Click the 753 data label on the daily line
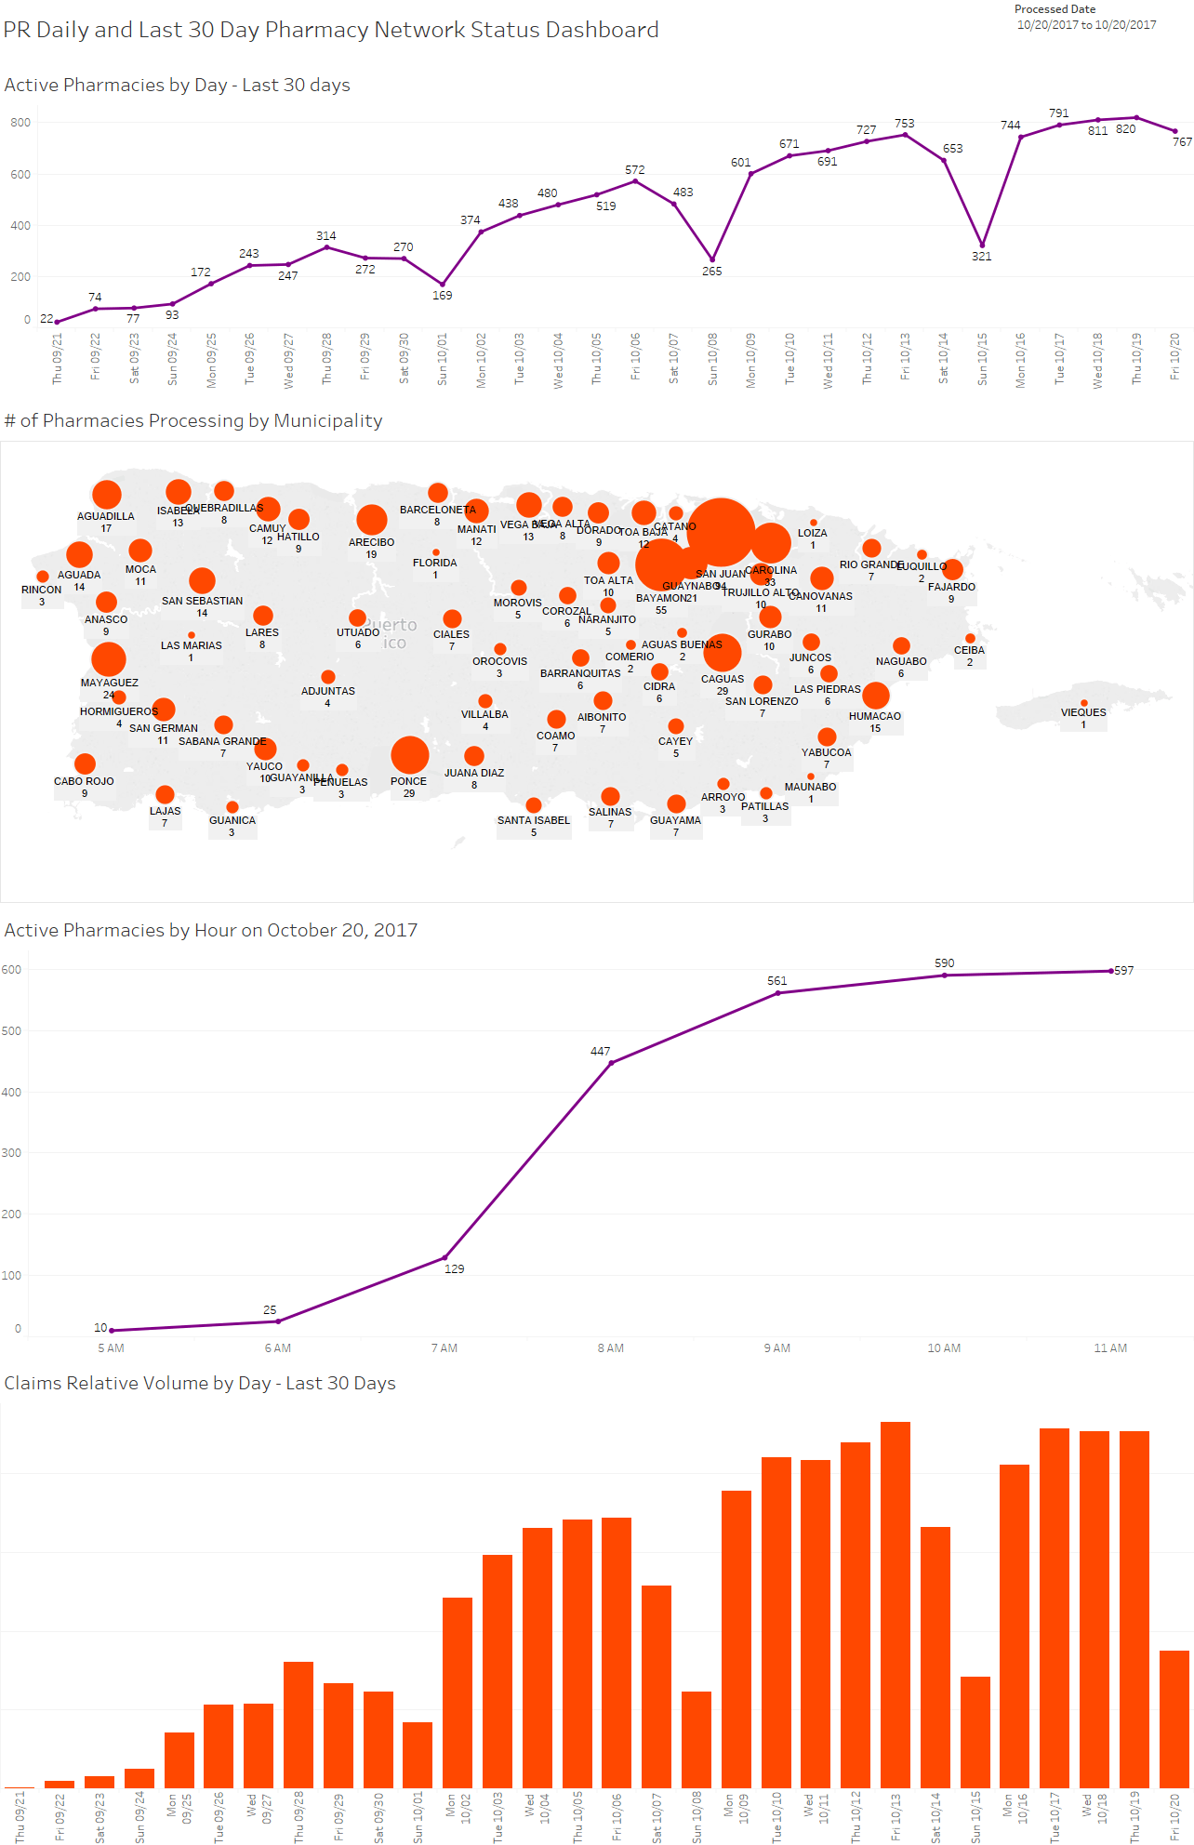pyautogui.click(x=904, y=124)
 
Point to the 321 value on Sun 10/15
pyautogui.click(x=982, y=257)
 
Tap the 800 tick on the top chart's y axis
pyautogui.click(x=20, y=123)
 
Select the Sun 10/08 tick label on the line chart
pyautogui.click(x=712, y=359)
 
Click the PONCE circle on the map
pyautogui.click(x=409, y=755)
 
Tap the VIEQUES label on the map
pyautogui.click(x=1083, y=712)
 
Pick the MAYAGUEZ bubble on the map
pyautogui.click(x=109, y=659)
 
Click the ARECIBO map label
pyautogui.click(x=371, y=542)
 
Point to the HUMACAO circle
pyautogui.click(x=875, y=695)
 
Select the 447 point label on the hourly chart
pyautogui.click(x=600, y=1052)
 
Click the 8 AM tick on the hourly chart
pyautogui.click(x=610, y=1348)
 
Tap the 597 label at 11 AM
pyautogui.click(x=1124, y=971)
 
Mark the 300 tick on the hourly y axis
pyautogui.click(x=11, y=1153)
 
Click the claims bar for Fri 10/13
pyautogui.click(x=895, y=1604)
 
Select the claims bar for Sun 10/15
pyautogui.click(x=975, y=1732)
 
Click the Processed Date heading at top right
pyautogui.click(x=1055, y=9)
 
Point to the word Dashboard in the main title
pyautogui.click(x=601, y=30)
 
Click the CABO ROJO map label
pyautogui.click(x=84, y=781)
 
